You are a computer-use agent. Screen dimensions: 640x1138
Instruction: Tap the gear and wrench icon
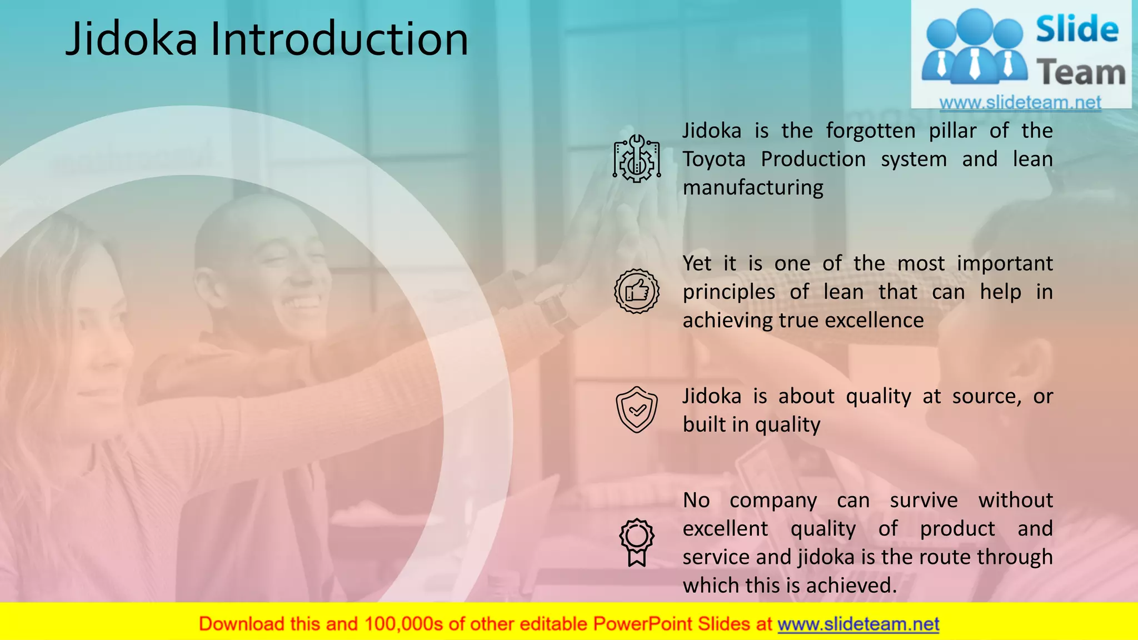click(637, 159)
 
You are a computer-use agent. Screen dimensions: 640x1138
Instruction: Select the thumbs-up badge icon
click(637, 291)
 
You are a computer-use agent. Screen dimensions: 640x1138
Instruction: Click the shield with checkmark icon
click(637, 410)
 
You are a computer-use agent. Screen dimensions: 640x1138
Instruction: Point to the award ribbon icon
click(637, 542)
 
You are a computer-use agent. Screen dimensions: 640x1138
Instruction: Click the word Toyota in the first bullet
click(714, 159)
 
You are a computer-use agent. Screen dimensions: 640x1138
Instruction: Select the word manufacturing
click(753, 188)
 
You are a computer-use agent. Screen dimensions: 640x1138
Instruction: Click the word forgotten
click(870, 131)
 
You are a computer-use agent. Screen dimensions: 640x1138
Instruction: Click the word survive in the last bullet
click(924, 501)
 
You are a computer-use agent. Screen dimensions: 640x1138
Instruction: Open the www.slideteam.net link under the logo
click(1020, 103)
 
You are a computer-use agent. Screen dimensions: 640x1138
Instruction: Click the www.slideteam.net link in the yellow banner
click(858, 624)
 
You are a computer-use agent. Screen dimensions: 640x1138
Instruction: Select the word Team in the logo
click(1081, 73)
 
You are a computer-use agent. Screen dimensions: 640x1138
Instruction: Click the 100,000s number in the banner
click(403, 624)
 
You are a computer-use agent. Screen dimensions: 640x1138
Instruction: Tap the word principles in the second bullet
click(728, 292)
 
